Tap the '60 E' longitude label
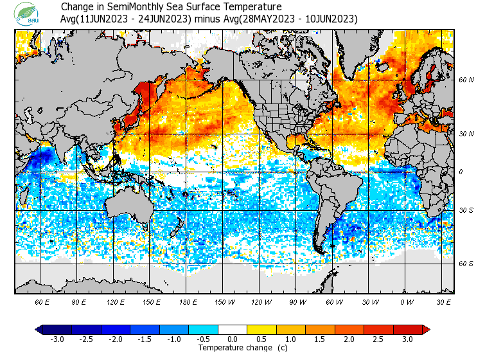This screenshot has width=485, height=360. (43, 301)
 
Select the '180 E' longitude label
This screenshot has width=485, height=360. (189, 301)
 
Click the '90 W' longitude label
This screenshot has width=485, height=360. (298, 301)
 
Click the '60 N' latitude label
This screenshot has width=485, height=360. (466, 80)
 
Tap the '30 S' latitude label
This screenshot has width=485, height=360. (466, 210)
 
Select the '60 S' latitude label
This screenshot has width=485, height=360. (466, 264)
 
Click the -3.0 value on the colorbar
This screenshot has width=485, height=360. (57, 339)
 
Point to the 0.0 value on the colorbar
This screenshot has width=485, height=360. (232, 339)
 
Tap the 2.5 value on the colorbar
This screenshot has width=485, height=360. (378, 339)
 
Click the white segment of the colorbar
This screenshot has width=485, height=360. (232, 329)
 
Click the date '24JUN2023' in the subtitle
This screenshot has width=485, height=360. (160, 19)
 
